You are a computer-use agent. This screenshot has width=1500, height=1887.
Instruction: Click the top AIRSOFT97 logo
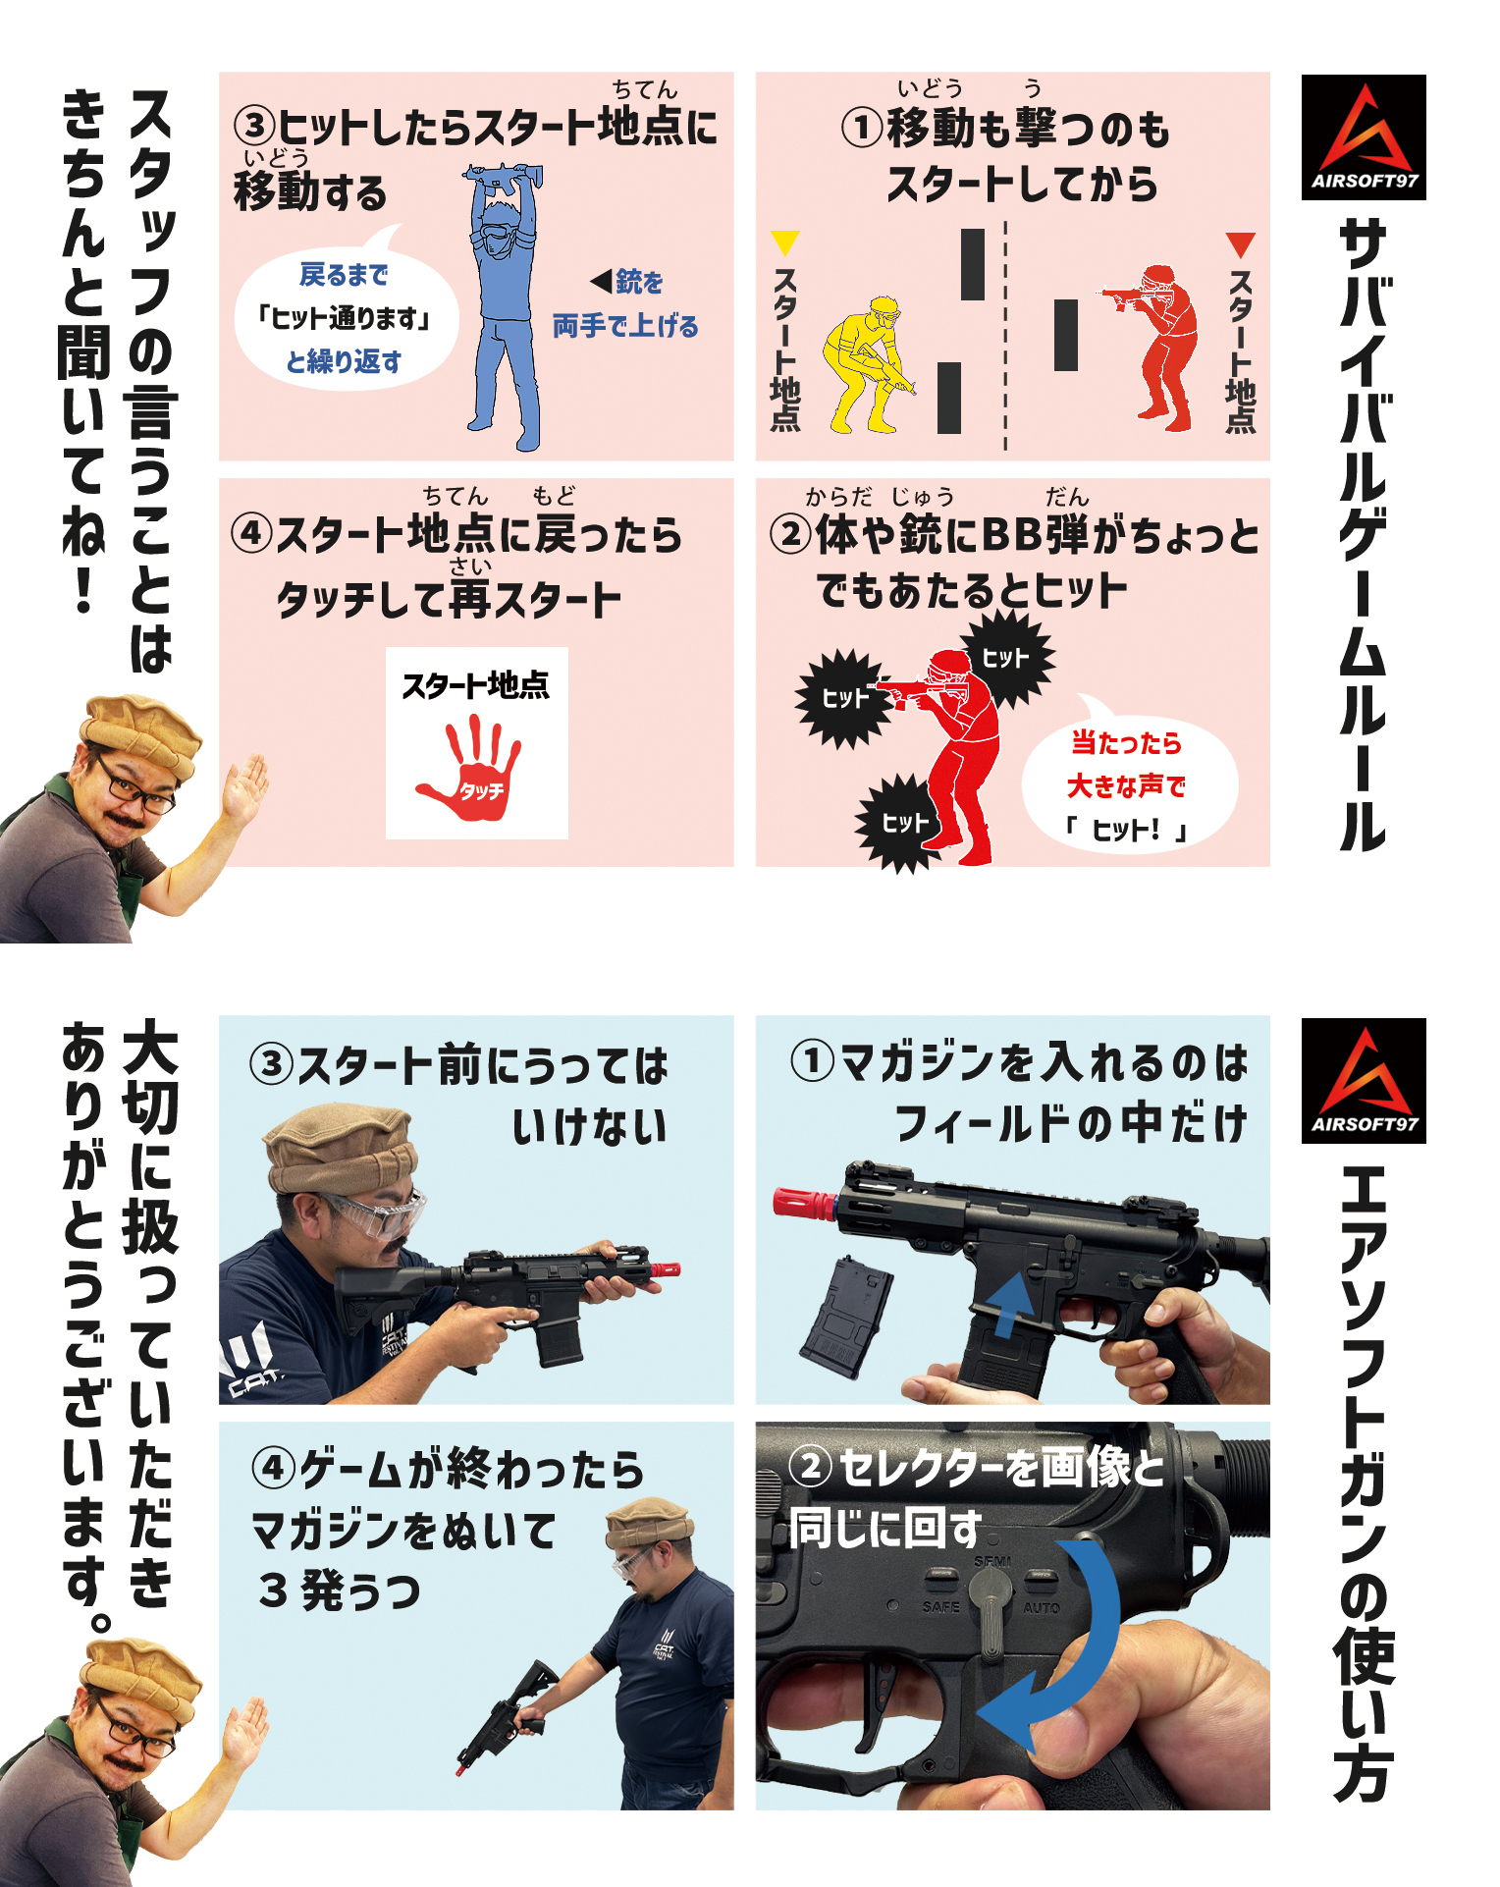click(x=1364, y=137)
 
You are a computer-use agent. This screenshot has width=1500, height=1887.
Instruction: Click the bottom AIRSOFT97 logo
click(x=1364, y=1080)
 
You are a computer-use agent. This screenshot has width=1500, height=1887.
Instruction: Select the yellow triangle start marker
click(x=785, y=243)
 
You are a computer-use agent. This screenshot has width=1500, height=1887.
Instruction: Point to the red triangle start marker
click(x=1241, y=244)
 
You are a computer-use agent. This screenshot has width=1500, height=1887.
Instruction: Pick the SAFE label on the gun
click(x=941, y=1607)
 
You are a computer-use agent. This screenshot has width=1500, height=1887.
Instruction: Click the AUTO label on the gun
click(x=1042, y=1608)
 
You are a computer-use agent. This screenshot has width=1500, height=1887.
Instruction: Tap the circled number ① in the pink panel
click(x=863, y=128)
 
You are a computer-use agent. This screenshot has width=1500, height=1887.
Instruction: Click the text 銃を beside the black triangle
click(x=639, y=283)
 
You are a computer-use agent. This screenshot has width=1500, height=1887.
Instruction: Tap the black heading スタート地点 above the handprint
click(x=476, y=684)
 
